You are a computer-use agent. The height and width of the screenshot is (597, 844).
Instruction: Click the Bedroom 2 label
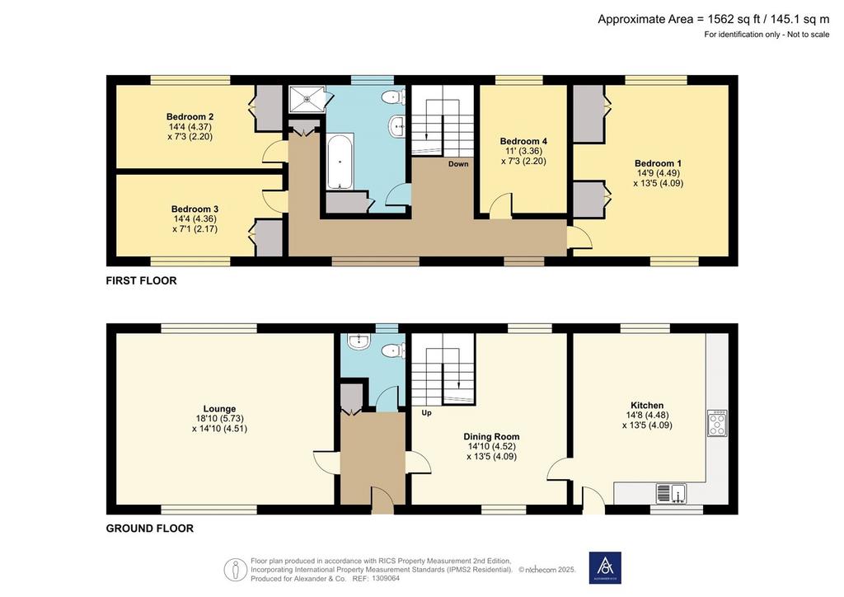click(x=190, y=117)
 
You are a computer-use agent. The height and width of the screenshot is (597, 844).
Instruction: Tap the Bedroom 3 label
click(x=195, y=209)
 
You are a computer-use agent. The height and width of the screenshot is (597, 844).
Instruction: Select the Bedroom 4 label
click(x=523, y=142)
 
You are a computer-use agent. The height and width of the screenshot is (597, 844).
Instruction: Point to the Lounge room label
click(x=219, y=409)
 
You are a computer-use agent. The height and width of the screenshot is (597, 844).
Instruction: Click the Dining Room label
click(x=491, y=437)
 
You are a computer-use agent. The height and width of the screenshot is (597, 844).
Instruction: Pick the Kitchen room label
click(x=647, y=406)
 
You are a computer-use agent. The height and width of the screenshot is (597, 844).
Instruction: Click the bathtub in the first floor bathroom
click(x=340, y=162)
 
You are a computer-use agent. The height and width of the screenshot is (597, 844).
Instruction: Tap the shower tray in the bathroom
click(x=307, y=99)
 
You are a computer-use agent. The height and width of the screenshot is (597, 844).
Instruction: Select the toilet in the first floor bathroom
click(x=393, y=98)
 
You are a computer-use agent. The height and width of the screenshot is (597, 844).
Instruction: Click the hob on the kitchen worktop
click(x=718, y=423)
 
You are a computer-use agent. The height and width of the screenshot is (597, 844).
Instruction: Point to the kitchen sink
click(x=671, y=493)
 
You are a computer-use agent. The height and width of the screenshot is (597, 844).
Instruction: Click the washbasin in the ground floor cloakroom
click(x=359, y=341)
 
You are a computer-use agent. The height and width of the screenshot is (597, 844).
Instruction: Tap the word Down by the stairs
click(x=458, y=163)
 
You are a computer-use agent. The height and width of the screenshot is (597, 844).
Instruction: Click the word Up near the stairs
click(x=426, y=413)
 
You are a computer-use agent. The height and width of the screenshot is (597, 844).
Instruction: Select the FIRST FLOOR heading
click(x=141, y=281)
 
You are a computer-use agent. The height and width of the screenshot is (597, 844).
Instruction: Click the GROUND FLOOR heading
click(x=150, y=529)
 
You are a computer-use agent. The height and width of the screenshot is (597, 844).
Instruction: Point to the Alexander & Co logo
click(x=605, y=567)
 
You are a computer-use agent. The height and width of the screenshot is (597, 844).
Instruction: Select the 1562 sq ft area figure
click(x=734, y=20)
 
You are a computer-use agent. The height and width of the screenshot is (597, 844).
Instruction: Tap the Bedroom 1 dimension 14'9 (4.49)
click(x=659, y=173)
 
